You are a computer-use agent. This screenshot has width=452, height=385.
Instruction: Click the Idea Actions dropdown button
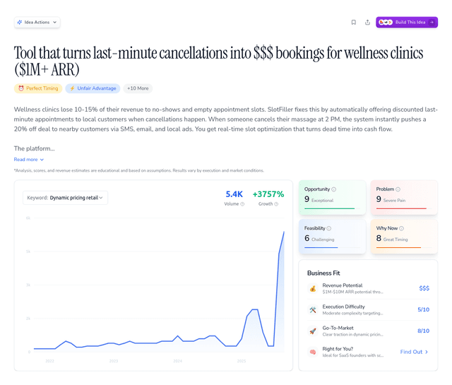[x=37, y=23]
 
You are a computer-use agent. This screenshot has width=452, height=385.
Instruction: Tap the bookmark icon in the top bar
[x=353, y=23]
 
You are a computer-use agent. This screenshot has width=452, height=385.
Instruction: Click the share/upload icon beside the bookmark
[x=367, y=23]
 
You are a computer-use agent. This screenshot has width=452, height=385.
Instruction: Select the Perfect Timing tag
[x=38, y=88]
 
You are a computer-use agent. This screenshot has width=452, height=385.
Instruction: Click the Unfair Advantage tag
[x=93, y=88]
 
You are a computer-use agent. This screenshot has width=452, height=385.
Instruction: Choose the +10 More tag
[x=138, y=88]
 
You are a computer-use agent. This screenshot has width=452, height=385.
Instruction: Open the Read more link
[x=28, y=160]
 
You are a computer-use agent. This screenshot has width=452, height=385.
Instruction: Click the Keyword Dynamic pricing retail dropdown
[x=65, y=198]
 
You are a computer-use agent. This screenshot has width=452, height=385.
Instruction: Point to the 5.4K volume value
[x=234, y=194]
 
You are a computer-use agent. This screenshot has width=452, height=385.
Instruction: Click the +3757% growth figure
[x=268, y=194]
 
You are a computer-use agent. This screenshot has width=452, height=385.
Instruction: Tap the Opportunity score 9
[x=307, y=200]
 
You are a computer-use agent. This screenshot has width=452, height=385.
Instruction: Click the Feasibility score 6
[x=307, y=239]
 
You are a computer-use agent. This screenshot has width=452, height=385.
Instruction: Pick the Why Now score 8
[x=379, y=239]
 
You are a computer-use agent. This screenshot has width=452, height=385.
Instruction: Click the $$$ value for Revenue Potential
[x=424, y=288]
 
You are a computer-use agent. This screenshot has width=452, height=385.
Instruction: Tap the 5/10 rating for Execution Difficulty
[x=423, y=309]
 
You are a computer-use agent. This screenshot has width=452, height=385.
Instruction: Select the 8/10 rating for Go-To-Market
[x=423, y=331]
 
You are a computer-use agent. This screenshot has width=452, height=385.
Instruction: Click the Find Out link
[x=414, y=352]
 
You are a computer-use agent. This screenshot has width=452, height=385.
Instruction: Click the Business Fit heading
[x=324, y=273]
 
